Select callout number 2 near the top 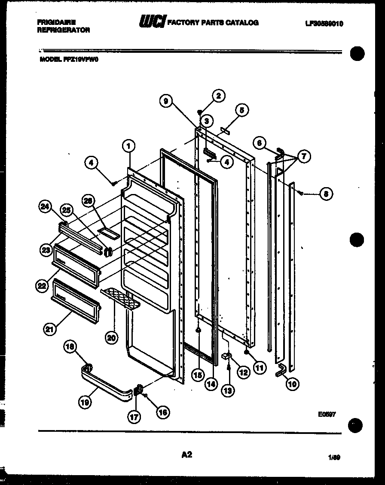(218, 96)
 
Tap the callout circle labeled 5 (241, 110)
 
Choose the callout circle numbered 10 (292, 384)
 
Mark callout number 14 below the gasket (211, 384)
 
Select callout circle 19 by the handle (85, 402)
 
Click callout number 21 (50, 329)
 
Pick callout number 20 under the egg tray (112, 338)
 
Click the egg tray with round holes (121, 299)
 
